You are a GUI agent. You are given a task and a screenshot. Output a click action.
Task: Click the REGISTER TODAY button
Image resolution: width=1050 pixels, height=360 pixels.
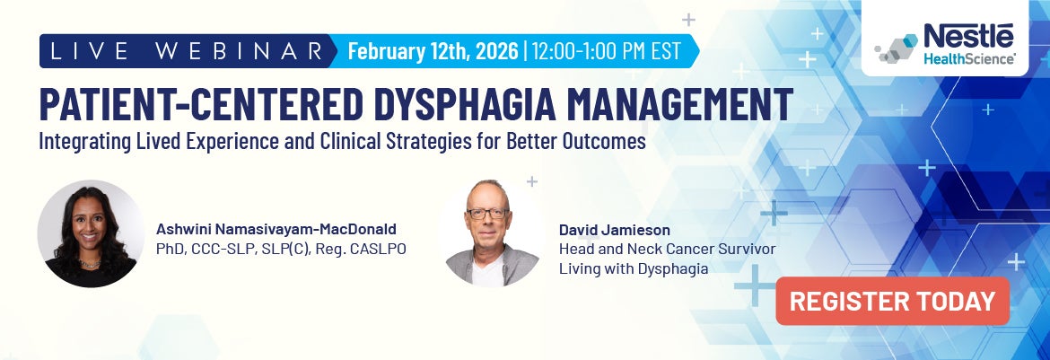coord(892,302)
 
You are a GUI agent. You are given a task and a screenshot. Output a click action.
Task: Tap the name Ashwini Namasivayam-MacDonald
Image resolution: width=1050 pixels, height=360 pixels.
coord(276,228)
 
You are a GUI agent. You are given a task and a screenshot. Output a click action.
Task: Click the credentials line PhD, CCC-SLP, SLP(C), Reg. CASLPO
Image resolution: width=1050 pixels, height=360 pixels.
coord(281,248)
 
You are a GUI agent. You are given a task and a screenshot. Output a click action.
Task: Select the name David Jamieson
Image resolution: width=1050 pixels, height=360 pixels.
coord(614,229)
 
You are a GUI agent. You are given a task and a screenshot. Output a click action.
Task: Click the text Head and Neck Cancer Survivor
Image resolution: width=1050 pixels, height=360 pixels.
coord(667,249)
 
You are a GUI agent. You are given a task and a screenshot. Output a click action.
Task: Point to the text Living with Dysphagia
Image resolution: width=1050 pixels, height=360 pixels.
coord(634,268)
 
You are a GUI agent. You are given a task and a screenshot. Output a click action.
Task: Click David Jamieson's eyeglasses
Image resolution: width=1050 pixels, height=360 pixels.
coord(488,215)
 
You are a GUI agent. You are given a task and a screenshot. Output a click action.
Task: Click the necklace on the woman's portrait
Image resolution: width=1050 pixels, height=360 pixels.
coord(89,263)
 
